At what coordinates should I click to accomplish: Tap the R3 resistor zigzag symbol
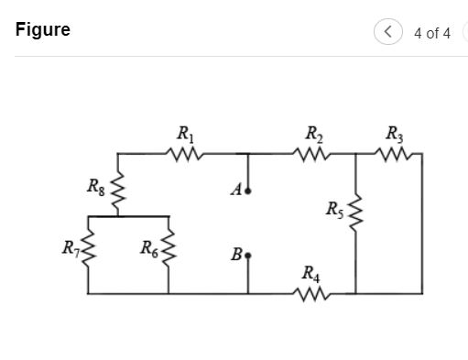395,155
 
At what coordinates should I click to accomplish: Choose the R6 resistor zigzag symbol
169,249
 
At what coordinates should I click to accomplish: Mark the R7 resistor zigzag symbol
88,248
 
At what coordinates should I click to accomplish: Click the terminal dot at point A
249,192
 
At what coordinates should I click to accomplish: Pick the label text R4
310,273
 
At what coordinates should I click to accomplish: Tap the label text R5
334,209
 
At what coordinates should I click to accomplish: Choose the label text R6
148,246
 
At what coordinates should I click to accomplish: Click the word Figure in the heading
43,30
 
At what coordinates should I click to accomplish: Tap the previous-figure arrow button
388,32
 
